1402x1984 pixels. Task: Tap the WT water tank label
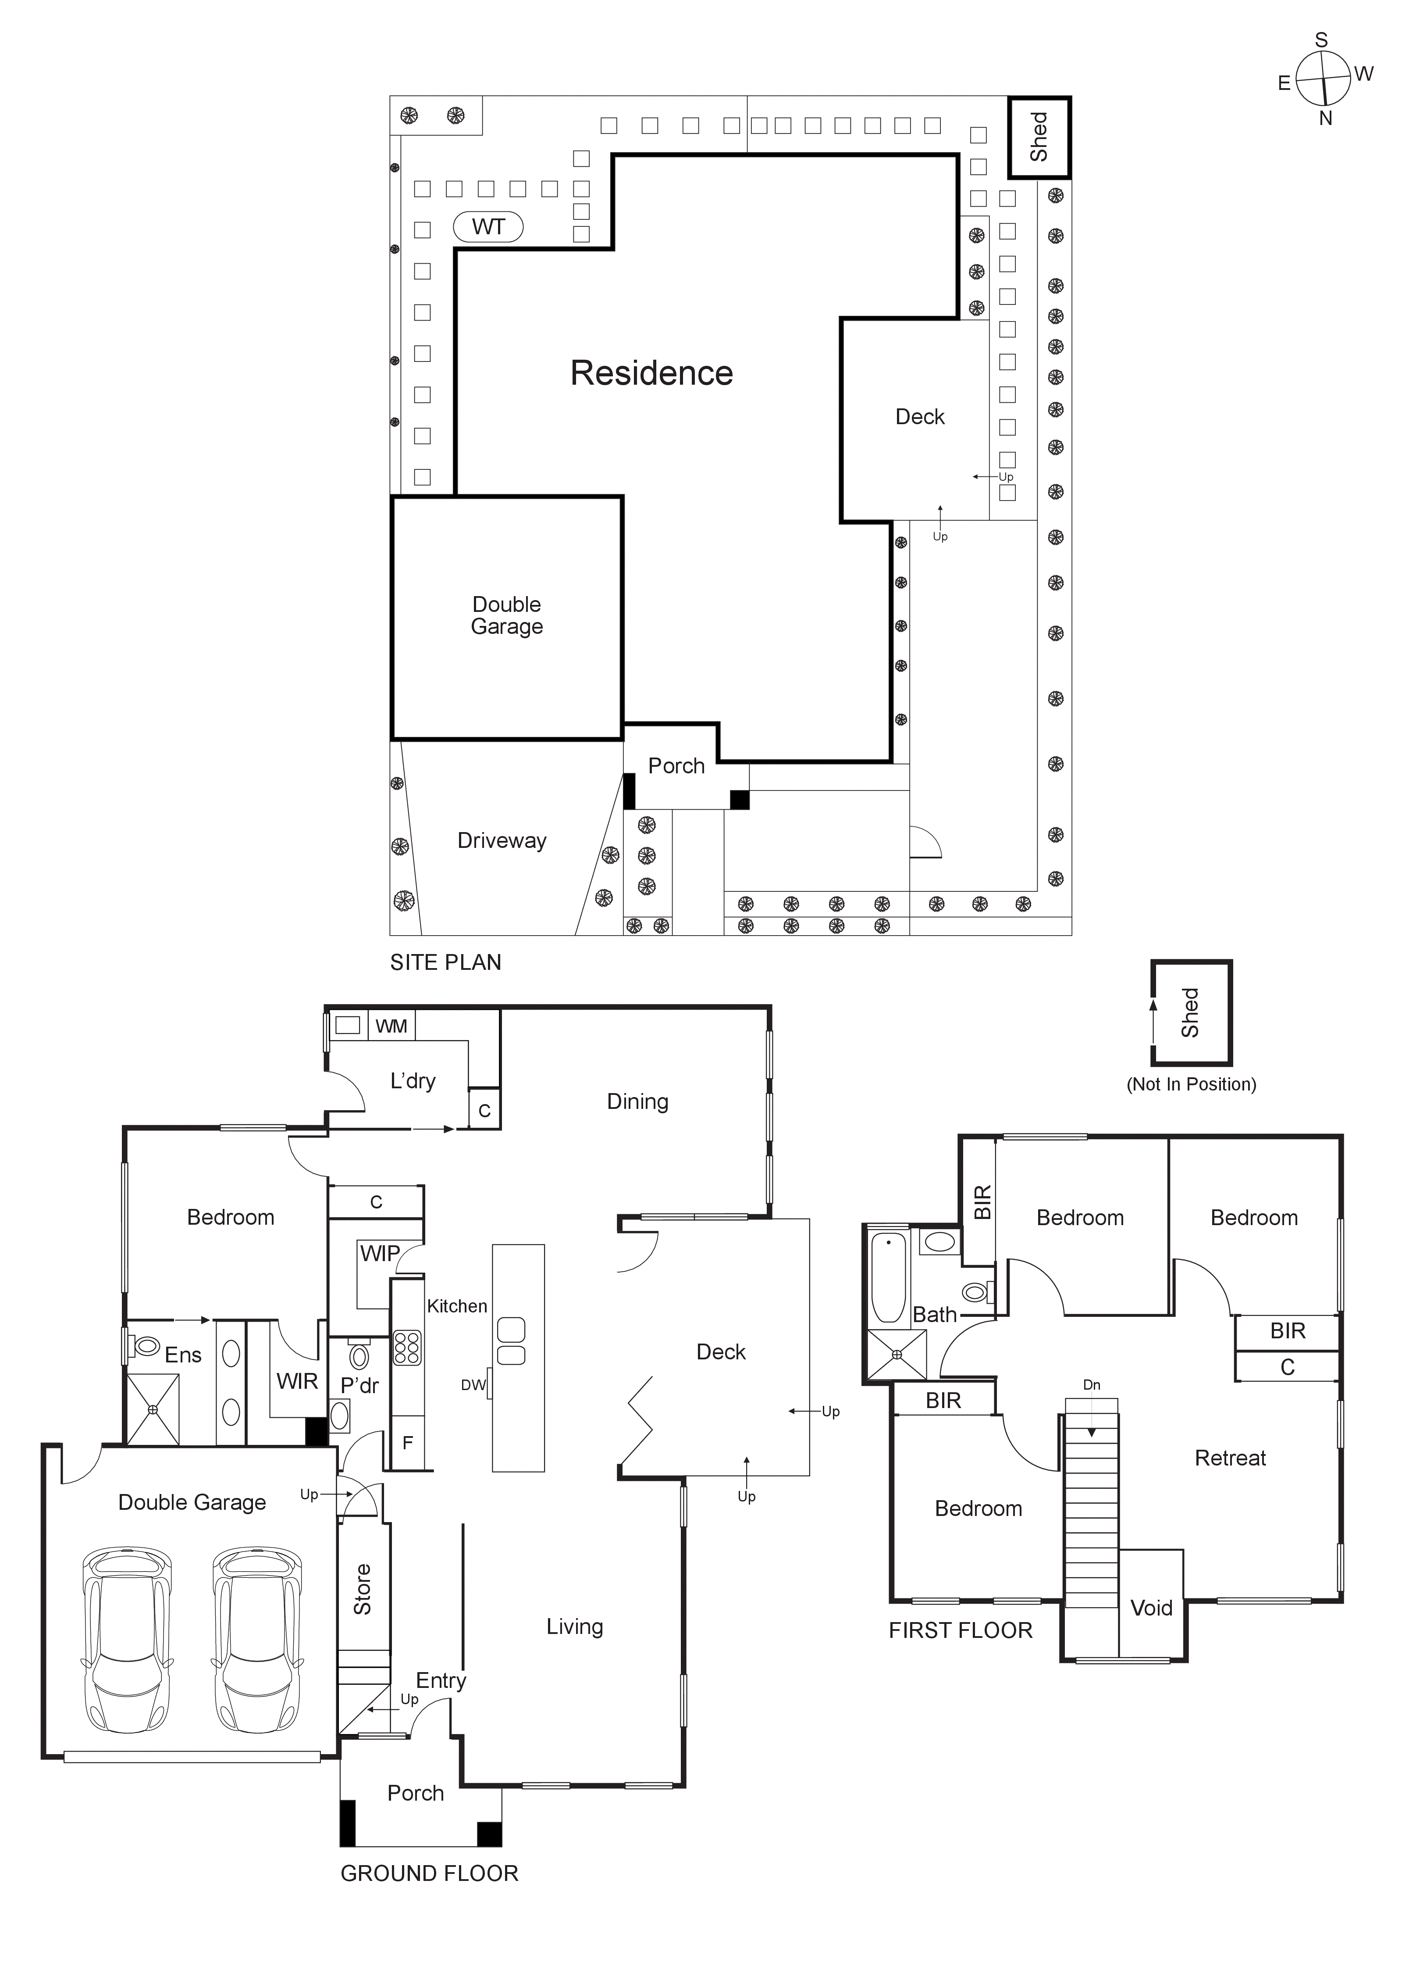point(488,227)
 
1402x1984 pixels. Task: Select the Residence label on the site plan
point(651,373)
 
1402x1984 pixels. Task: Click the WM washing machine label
point(391,1026)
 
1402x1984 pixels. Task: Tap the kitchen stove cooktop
point(407,1347)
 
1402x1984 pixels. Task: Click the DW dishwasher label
point(473,1385)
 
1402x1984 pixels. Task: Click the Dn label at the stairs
point(1092,1385)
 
